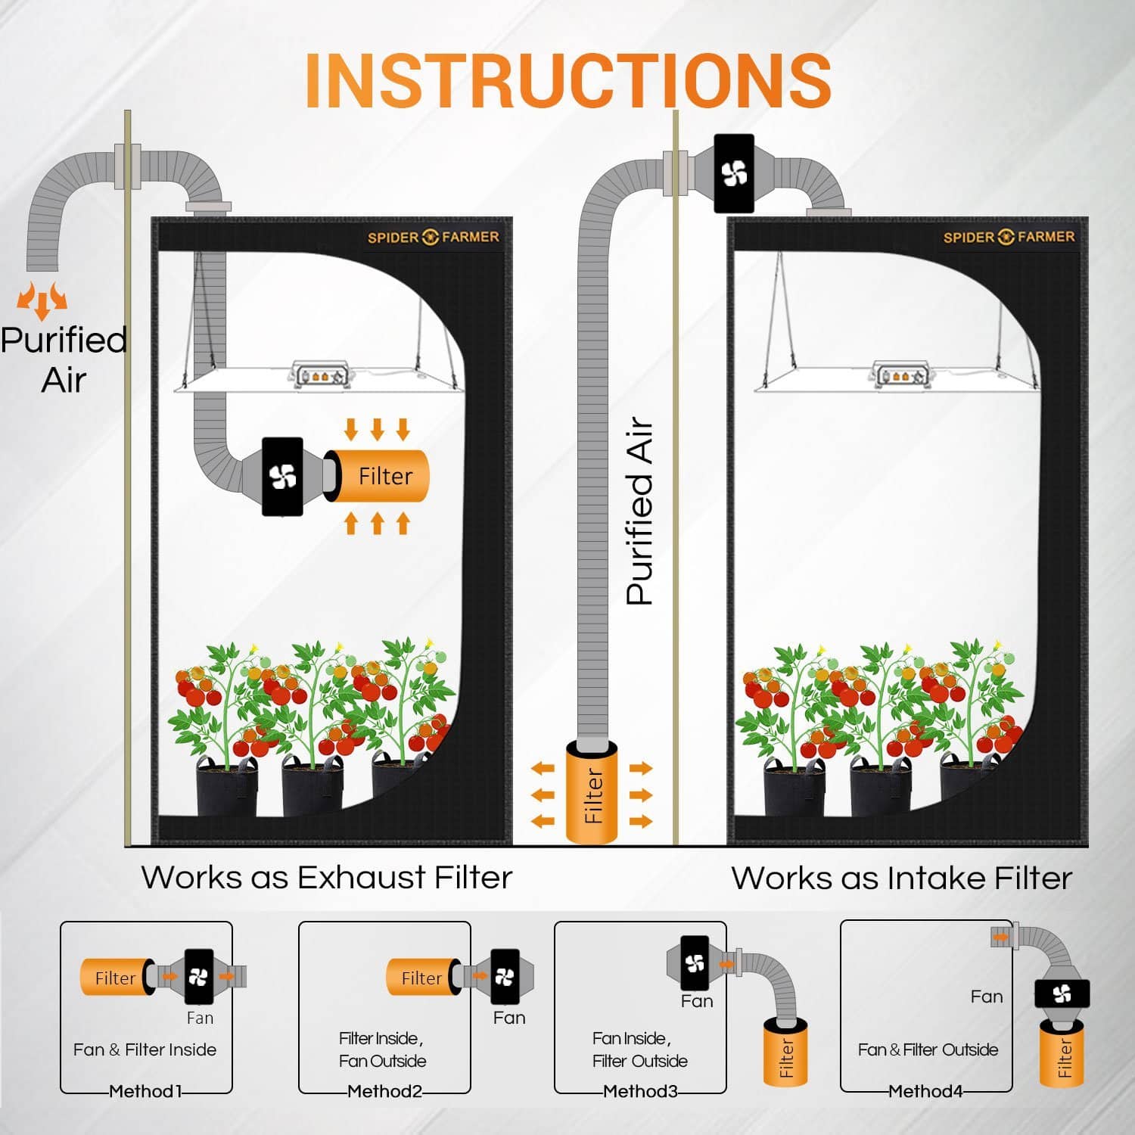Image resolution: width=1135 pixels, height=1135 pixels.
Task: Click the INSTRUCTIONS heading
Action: (567, 81)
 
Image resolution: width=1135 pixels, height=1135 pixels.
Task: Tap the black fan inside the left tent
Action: (282, 477)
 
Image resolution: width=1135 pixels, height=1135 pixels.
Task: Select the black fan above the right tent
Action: (734, 173)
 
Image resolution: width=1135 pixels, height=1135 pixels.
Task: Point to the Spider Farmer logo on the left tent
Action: (433, 237)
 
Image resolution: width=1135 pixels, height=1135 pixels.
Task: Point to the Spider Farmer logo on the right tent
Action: (1008, 237)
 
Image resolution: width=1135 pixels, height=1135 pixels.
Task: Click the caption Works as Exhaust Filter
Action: (326, 878)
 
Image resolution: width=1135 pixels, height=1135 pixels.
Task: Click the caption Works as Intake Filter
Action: (901, 878)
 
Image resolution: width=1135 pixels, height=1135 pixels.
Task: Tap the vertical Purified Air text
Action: (639, 512)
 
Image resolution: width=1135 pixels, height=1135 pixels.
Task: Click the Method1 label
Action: (145, 1091)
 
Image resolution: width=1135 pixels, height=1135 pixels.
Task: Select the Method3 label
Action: (639, 1091)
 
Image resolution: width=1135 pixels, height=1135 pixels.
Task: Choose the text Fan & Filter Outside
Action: (928, 1049)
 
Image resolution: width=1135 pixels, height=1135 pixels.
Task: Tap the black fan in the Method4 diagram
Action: (1062, 994)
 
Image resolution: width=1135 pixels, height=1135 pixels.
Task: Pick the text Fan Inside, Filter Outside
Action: (639, 1049)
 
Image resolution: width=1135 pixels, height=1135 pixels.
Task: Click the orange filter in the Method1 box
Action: (113, 978)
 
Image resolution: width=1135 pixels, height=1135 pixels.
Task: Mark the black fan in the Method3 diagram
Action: (694, 962)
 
